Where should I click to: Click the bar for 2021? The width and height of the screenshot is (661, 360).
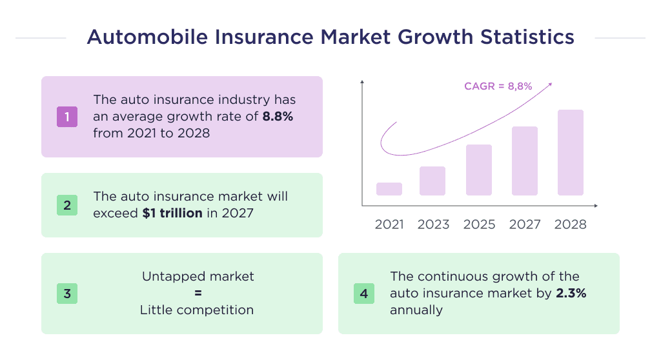coord(389,189)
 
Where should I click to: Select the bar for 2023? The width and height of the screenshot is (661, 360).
coord(432,181)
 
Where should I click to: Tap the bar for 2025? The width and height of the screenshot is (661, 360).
coord(478,170)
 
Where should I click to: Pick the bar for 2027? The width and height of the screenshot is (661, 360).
coord(525,161)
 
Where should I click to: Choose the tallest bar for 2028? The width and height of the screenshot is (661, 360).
coord(571,152)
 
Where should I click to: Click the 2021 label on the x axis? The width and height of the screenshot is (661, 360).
coord(389,225)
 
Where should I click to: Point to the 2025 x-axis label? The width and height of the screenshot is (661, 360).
coord(479,225)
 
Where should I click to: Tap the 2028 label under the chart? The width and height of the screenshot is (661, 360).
coord(571,225)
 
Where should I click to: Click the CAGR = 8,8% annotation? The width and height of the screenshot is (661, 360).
coord(498,86)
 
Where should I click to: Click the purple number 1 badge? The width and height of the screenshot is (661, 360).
coord(67,117)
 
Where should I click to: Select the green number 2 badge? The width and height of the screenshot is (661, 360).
coord(67,205)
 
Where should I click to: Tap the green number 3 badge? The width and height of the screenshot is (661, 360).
coord(67,294)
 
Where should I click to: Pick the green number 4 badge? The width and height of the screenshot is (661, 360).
coord(364,294)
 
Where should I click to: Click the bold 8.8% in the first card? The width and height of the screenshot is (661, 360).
coord(279,117)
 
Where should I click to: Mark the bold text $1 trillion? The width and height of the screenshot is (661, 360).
coord(172,212)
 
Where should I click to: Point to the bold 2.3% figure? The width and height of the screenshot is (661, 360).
coord(571,294)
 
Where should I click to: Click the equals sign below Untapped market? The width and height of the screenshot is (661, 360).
coord(198,294)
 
